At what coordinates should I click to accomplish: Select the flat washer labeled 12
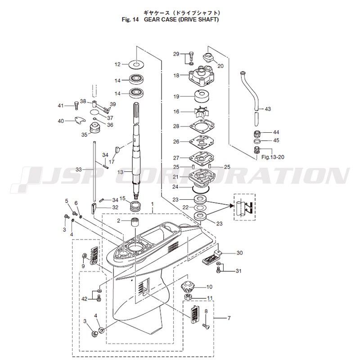(x=137, y=64)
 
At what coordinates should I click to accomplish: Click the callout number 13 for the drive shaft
(x=121, y=172)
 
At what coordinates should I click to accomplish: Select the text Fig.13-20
(x=273, y=157)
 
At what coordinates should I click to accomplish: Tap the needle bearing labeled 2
(x=135, y=223)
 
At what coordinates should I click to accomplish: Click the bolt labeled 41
(x=76, y=106)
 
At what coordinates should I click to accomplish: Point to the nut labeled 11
(x=188, y=297)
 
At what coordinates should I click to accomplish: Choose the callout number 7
(x=229, y=318)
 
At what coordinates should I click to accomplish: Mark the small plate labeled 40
(x=80, y=120)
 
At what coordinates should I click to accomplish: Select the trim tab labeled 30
(x=211, y=258)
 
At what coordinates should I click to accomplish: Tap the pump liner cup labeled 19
(x=201, y=97)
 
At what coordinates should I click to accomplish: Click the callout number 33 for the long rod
(x=79, y=170)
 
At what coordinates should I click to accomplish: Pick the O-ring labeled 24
(x=201, y=189)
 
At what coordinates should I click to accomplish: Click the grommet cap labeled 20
(x=208, y=58)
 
